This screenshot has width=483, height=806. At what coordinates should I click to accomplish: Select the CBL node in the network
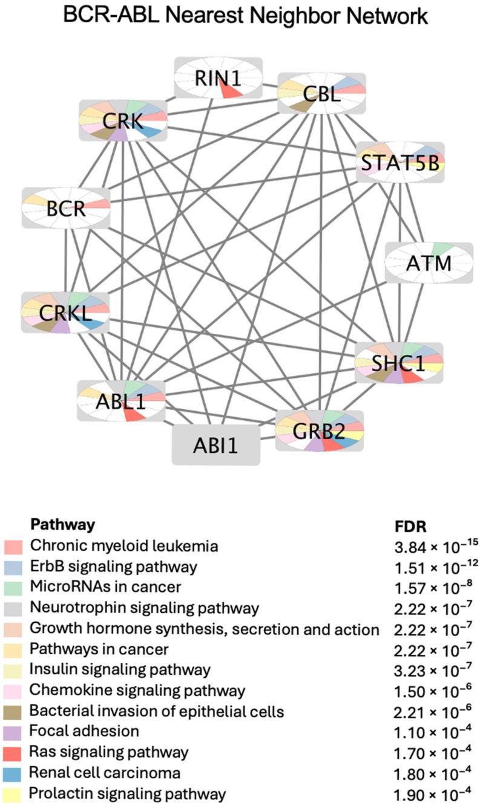point(321,94)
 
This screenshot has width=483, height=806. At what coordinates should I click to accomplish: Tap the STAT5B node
point(399,162)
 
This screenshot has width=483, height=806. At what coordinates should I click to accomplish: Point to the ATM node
point(429,263)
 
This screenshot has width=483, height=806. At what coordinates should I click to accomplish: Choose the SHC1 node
point(399,363)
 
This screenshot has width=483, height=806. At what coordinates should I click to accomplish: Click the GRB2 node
point(319,431)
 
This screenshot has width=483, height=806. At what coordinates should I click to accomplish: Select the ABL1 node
point(121,400)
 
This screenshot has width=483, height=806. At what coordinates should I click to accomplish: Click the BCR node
point(67,208)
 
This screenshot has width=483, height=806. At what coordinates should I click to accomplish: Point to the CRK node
point(123,121)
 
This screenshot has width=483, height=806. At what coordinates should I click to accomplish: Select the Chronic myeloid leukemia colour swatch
point(13,547)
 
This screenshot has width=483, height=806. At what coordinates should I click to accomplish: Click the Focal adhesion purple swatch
point(13,732)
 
